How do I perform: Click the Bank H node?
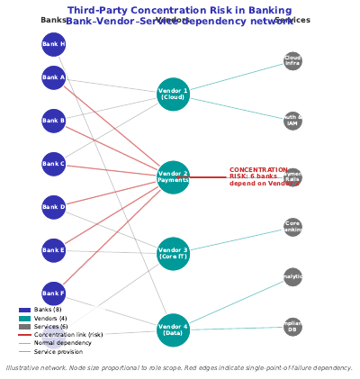[x=54, y=44]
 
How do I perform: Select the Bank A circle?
[x=54, y=77]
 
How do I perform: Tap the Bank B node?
[x=54, y=120]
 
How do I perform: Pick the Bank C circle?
[x=54, y=164]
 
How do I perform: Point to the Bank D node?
[x=54, y=207]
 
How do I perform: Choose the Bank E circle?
[x=54, y=250]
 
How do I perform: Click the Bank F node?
[x=54, y=293]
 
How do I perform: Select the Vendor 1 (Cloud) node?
[x=173, y=95]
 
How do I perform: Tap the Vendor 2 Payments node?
[x=173, y=177]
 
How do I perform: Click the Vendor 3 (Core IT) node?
[x=173, y=254]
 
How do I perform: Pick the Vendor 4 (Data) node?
[x=173, y=329]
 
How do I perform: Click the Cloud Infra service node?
[x=292, y=61]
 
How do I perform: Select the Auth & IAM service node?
[x=292, y=121]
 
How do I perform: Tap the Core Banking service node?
[x=292, y=227]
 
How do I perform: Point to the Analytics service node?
[x=292, y=277]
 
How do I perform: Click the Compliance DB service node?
[x=292, y=328]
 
